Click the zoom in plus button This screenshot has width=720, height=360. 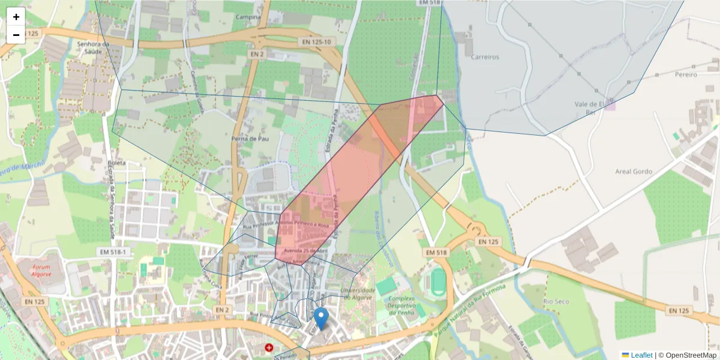click(16, 17)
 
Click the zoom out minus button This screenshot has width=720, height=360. click(16, 35)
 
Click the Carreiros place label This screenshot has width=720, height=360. click(485, 57)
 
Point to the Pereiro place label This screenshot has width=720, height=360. click(686, 74)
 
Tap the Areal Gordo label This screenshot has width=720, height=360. click(634, 171)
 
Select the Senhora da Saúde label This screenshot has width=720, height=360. click(92, 47)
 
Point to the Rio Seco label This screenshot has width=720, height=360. click(556, 301)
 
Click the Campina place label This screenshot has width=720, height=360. click(248, 17)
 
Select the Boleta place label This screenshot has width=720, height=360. click(116, 163)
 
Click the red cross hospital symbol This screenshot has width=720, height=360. click(269, 347)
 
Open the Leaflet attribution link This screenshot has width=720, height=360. click(641, 355)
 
